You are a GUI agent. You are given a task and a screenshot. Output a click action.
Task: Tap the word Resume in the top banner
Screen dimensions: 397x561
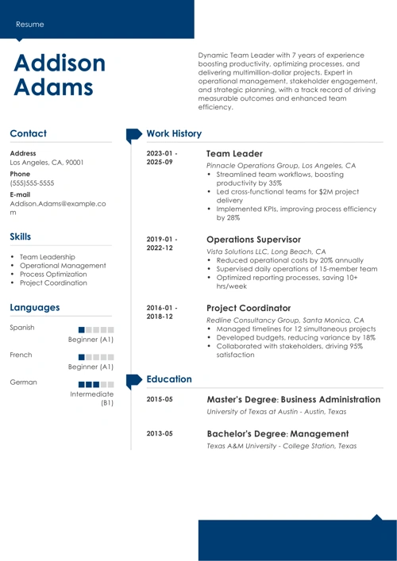pyautogui.click(x=29, y=24)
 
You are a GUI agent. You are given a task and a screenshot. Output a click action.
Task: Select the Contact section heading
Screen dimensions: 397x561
pyautogui.click(x=29, y=134)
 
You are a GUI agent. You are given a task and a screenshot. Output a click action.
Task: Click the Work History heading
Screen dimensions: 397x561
pyautogui.click(x=175, y=134)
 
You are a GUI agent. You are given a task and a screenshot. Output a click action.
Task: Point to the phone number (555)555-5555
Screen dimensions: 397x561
pyautogui.click(x=33, y=183)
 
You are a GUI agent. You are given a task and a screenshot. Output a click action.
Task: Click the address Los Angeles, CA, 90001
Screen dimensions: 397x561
pyautogui.click(x=47, y=162)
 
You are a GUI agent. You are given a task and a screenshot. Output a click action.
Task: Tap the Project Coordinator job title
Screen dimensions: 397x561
pyautogui.click(x=248, y=308)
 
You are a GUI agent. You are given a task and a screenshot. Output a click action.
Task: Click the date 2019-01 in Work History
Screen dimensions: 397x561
pyautogui.click(x=162, y=238)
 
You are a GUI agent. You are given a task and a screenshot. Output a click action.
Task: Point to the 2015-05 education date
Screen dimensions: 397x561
pyautogui.click(x=160, y=399)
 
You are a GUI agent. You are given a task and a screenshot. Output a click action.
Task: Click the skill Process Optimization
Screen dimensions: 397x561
pyautogui.click(x=54, y=274)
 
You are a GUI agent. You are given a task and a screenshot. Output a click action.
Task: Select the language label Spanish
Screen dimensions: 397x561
pyautogui.click(x=23, y=328)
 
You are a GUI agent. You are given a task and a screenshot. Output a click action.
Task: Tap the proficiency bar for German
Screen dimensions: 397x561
pyautogui.click(x=97, y=382)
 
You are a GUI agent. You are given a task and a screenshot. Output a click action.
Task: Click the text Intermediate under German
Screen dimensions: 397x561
pyautogui.click(x=92, y=394)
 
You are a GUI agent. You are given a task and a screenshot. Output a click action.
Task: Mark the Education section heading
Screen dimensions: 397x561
pyautogui.click(x=170, y=380)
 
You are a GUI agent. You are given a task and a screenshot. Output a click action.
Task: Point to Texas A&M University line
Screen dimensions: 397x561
pyautogui.click(x=281, y=446)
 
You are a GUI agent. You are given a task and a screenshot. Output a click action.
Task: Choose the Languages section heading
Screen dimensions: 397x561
pyautogui.click(x=35, y=307)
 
